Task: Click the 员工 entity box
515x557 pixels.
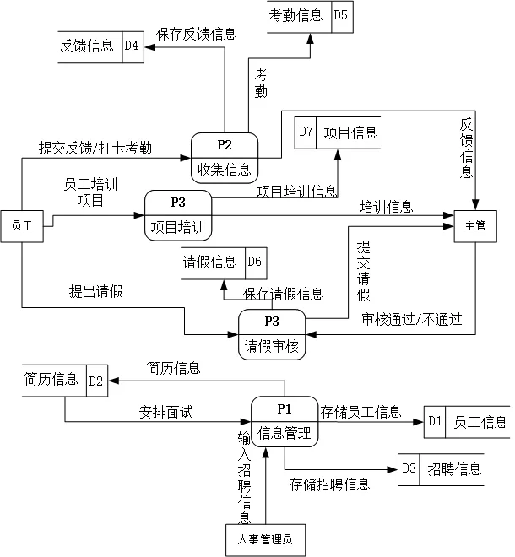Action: pos(21,225)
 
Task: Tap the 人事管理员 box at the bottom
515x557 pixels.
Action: pos(265,540)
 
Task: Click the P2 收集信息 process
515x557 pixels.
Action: pos(224,158)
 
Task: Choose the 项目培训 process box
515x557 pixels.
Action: pos(178,215)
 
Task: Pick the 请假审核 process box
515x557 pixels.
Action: pos(272,334)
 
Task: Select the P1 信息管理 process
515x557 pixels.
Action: pos(285,421)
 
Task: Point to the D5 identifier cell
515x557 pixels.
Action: pos(340,16)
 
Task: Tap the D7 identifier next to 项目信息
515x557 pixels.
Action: pos(306,132)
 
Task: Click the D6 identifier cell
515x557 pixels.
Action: pos(255,262)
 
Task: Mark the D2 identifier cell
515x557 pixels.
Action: pos(95,381)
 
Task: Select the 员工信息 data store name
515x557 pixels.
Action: pos(480,422)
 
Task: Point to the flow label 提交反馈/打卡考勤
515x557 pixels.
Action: pos(95,148)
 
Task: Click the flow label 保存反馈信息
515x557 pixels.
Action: pos(197,34)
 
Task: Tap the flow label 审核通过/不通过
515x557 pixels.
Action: pos(411,320)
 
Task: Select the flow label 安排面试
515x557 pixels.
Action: pos(166,413)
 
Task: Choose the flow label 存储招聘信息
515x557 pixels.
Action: pos(329,484)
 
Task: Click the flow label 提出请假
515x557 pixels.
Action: pos(95,292)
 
